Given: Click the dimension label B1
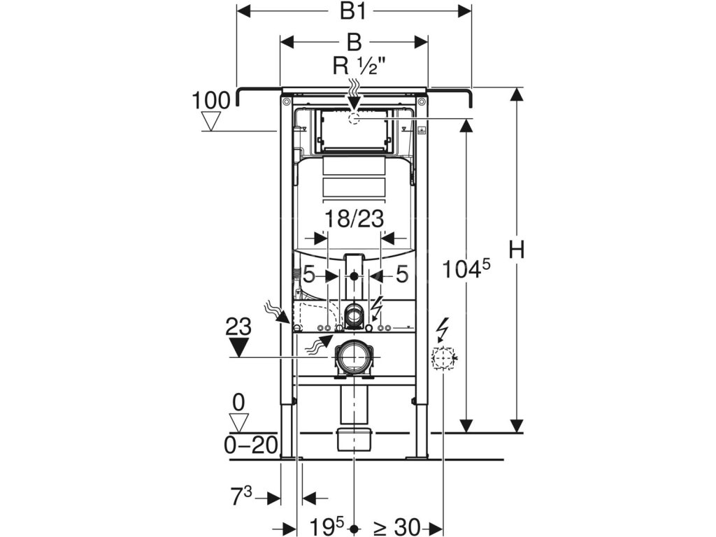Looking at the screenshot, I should [x=355, y=12].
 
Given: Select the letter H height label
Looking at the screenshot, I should [x=516, y=250].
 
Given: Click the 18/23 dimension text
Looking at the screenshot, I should [x=354, y=219].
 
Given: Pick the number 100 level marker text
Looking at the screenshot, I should [x=210, y=101].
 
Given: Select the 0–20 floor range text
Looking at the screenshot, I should [x=250, y=445].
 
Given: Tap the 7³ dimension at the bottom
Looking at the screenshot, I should [x=241, y=498].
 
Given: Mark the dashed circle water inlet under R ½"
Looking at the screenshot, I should [x=354, y=119].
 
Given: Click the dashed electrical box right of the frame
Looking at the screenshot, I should [x=443, y=358].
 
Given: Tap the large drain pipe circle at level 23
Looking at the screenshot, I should [x=354, y=357].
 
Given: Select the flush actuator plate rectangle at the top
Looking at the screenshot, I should [x=354, y=131].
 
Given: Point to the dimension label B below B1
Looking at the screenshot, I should [x=355, y=42].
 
